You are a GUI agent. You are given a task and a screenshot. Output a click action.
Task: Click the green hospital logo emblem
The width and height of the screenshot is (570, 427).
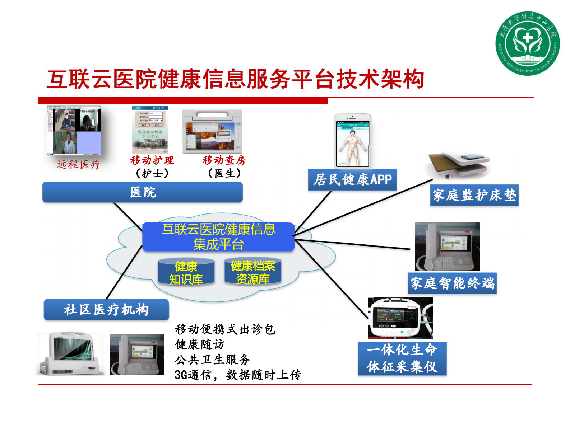[x=527, y=43]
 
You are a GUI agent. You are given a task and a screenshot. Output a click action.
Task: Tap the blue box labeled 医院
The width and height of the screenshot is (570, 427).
[x=143, y=192]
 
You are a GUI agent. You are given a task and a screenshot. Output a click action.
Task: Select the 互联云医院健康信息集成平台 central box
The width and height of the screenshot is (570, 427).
[x=218, y=237]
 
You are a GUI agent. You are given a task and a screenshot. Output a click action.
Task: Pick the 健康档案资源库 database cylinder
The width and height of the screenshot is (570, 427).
[x=252, y=272]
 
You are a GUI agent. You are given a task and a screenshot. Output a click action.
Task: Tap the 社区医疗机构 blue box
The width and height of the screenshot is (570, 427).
[x=106, y=309]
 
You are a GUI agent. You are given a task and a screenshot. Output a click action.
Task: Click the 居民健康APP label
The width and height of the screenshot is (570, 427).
[x=352, y=179]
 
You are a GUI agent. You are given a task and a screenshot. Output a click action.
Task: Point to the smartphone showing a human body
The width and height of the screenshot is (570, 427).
[x=353, y=141]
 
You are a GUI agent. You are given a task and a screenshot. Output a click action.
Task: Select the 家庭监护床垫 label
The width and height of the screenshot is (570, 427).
[x=474, y=195]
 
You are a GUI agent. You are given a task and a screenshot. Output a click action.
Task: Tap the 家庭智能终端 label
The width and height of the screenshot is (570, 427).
[x=452, y=283]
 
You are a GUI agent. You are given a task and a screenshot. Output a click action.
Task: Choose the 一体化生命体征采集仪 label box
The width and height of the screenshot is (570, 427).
[x=402, y=358]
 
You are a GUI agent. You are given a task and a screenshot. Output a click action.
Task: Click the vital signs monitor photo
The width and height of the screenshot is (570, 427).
[x=400, y=318]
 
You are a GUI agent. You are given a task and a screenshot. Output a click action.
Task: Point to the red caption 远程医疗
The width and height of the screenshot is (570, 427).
[x=78, y=165]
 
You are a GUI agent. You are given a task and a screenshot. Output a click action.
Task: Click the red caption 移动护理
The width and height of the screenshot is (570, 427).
[x=152, y=160]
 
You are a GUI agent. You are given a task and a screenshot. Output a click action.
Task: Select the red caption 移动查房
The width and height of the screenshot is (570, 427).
[x=224, y=160]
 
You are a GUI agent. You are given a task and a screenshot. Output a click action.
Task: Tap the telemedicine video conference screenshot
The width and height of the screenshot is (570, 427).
[x=74, y=131]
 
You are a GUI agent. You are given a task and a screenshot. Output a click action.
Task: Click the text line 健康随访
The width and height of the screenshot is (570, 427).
[x=200, y=344]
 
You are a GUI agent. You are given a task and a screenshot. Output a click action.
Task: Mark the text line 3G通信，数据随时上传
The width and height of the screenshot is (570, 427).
[x=237, y=375]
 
